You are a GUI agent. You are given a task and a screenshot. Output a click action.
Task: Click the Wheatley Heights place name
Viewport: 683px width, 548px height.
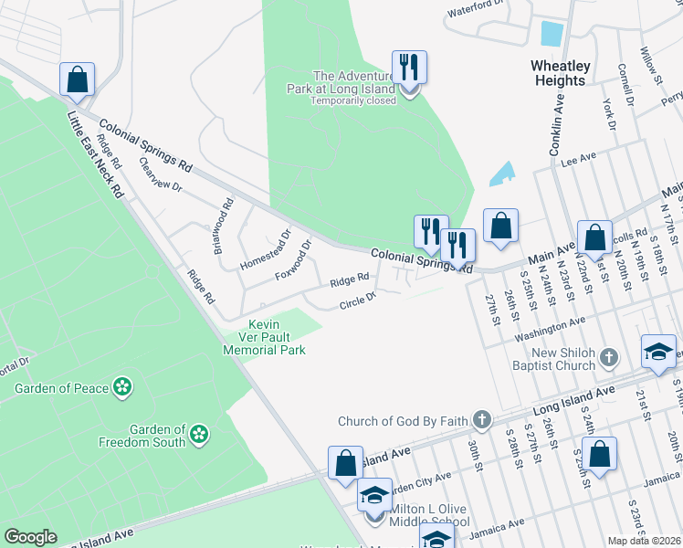point(559,73)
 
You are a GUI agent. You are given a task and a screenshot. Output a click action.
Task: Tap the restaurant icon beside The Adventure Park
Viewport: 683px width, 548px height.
point(409,68)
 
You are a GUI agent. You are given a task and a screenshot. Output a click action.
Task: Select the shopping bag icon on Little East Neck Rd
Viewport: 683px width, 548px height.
point(78,79)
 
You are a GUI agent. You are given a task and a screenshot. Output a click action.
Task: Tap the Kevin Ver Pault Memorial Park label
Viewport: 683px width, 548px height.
point(265,337)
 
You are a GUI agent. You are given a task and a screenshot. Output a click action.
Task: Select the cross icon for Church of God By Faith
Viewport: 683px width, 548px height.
point(481,421)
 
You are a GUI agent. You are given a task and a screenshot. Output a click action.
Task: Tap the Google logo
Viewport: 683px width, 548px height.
point(29,537)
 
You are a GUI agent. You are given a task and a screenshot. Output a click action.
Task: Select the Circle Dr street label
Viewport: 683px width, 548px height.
point(357,301)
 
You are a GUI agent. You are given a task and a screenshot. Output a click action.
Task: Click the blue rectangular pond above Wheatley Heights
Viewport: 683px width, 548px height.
point(552,34)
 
